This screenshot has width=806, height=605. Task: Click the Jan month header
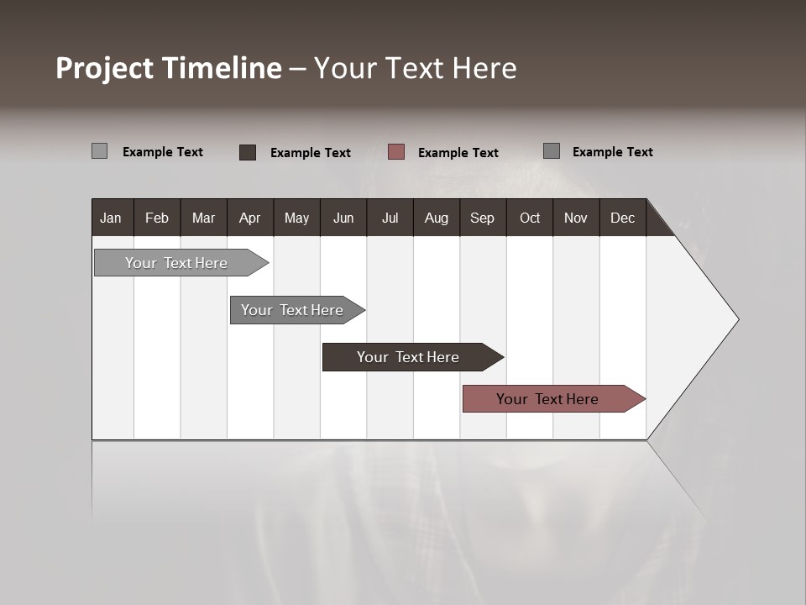(x=111, y=218)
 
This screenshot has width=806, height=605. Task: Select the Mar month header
(x=203, y=218)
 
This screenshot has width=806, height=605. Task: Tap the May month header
(x=296, y=218)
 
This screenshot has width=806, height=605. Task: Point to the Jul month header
(x=390, y=218)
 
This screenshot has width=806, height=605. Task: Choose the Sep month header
(x=482, y=218)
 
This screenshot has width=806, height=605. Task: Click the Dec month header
(x=622, y=218)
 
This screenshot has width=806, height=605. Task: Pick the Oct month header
(x=530, y=218)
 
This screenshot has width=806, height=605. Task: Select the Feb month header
(x=157, y=218)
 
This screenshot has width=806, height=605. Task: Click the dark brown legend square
(x=248, y=152)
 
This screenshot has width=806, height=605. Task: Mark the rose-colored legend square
(x=396, y=152)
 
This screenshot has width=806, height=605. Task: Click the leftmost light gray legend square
(x=100, y=151)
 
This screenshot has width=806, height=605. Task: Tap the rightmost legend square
(x=552, y=151)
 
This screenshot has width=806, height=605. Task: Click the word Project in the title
(x=105, y=68)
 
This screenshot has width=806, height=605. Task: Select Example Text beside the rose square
(x=458, y=153)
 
